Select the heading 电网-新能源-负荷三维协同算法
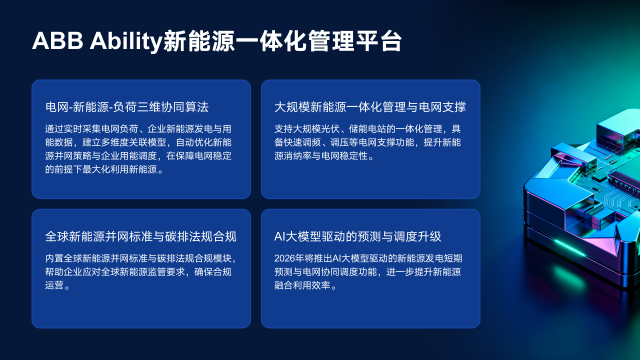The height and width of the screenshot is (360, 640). coord(126,106)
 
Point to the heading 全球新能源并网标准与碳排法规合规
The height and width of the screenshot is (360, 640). coord(140,237)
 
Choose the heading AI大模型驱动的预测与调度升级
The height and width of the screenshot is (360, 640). coord(357,237)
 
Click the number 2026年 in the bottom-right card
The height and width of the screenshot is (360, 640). coord(288,258)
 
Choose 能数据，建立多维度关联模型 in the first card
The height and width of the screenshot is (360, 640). coord(111,142)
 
